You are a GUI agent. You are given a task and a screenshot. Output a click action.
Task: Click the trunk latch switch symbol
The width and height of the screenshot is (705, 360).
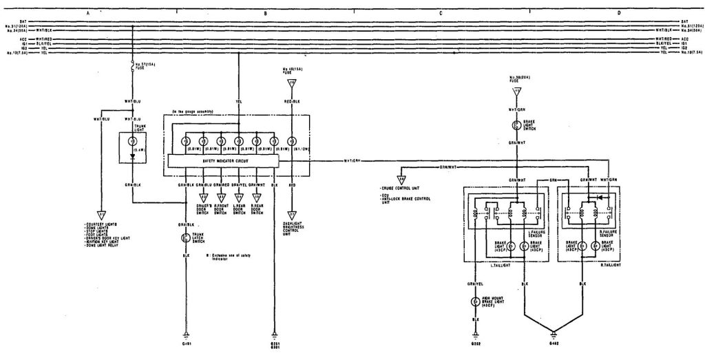(x=185, y=238)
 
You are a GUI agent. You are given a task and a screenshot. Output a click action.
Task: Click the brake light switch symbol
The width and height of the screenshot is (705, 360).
(x=514, y=126)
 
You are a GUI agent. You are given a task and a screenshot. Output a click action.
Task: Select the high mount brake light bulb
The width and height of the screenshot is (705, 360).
(x=474, y=301)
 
